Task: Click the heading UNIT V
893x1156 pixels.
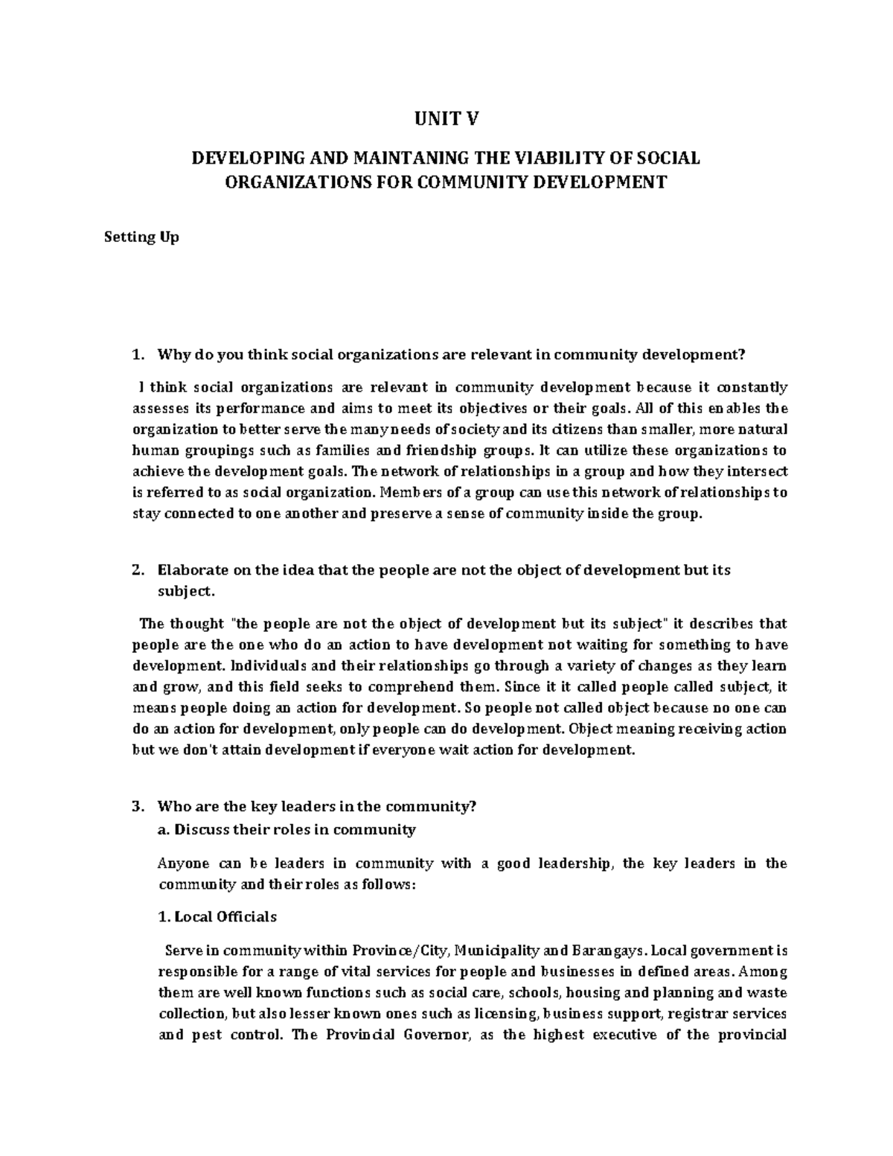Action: tap(446, 118)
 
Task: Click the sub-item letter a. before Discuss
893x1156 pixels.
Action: tap(164, 829)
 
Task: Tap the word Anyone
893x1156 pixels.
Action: tap(180, 864)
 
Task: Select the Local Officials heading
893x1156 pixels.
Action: tap(217, 917)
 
